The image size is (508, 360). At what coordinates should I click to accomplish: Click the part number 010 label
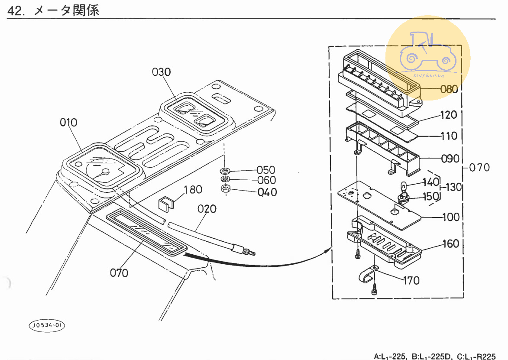[x=68, y=123]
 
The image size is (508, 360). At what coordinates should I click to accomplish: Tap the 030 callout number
[x=161, y=72]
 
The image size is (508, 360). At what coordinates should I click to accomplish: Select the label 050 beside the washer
[x=266, y=170]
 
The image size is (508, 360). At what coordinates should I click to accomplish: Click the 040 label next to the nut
[x=267, y=191]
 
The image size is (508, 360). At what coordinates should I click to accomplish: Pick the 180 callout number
[x=193, y=189]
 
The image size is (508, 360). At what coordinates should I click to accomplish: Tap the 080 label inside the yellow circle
[x=449, y=89]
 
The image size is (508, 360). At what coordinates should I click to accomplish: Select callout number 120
[x=449, y=115]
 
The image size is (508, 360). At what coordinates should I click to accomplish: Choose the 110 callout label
[x=449, y=136]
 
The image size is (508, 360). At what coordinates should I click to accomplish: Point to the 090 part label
[x=450, y=159]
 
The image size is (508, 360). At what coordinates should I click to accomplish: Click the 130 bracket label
[x=453, y=187]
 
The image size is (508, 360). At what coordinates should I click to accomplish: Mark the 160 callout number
[x=450, y=244]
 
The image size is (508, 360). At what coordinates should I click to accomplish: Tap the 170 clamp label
[x=411, y=281]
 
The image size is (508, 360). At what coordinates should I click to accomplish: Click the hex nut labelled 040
[x=225, y=188]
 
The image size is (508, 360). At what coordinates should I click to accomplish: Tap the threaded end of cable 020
[x=249, y=251]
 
